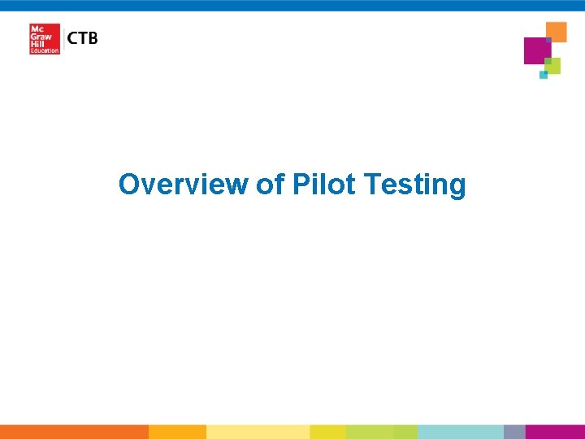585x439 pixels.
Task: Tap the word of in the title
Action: [270, 185]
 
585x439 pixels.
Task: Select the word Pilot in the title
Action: [323, 185]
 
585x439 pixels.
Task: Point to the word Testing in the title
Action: [415, 185]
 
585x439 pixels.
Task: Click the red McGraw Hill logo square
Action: [45, 39]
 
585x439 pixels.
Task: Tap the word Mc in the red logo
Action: [37, 28]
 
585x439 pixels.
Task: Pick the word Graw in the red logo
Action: [40, 36]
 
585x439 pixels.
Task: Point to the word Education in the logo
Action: [45, 51]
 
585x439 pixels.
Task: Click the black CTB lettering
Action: [82, 38]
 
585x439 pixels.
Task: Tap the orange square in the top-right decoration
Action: [557, 31]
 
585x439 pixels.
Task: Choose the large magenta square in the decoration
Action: [537, 50]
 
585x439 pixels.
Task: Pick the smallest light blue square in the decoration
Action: [544, 75]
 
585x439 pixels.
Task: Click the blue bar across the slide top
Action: [292, 5]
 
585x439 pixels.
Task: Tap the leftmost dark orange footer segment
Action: [74, 432]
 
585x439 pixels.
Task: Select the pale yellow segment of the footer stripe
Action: [258, 432]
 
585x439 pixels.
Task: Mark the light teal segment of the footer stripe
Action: [460, 432]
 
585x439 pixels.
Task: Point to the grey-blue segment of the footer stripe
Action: [514, 432]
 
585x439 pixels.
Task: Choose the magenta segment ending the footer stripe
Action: [555, 432]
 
